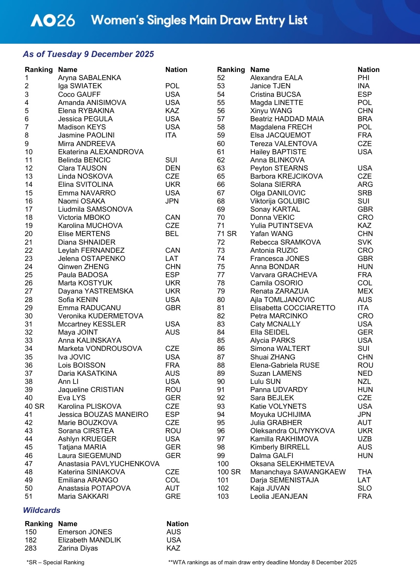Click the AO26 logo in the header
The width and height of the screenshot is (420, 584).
coord(53,21)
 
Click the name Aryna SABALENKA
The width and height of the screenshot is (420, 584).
coord(89,78)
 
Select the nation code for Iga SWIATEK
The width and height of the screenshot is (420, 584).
coord(172,86)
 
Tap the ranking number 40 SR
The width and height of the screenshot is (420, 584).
coord(34,406)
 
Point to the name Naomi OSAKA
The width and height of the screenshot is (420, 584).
coord(81,201)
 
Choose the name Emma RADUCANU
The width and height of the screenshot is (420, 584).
coord(89,308)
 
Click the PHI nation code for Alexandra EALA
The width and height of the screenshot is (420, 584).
coord(363,78)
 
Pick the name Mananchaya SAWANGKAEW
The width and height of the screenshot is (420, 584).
coord(298,472)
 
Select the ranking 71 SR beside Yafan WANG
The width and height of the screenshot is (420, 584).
coord(227,234)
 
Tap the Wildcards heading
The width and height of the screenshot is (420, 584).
coord(42,510)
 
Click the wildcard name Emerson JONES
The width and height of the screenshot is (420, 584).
coord(85,532)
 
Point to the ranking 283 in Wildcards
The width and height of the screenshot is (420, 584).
coord(31,548)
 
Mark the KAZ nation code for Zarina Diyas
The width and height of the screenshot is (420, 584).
coord(173,548)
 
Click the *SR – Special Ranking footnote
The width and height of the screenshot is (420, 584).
coord(55,563)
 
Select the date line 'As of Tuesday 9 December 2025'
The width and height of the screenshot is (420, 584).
coord(88,54)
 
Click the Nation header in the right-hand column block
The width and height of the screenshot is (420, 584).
coord(368,70)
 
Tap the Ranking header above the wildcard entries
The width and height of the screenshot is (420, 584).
coord(39,524)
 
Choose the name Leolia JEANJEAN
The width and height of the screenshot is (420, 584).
coord(279,497)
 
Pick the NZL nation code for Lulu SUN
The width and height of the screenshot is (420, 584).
coord(364,381)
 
